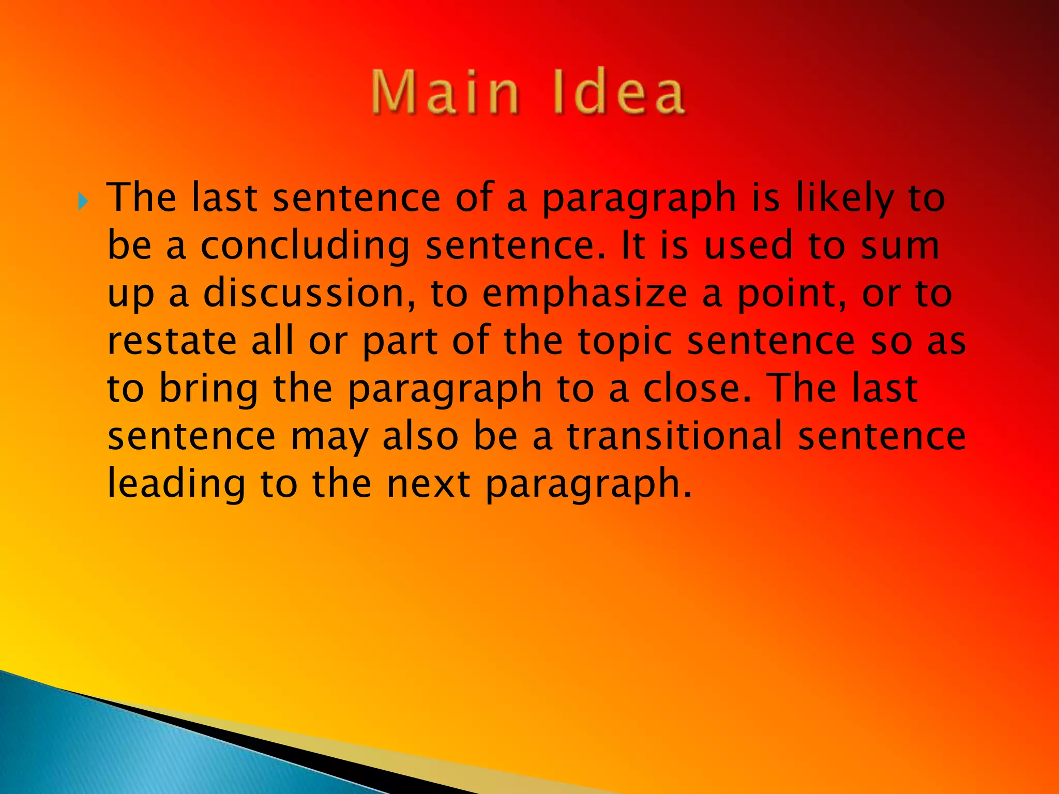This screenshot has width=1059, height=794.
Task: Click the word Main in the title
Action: pyautogui.click(x=445, y=94)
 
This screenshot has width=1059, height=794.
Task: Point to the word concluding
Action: pyautogui.click(x=305, y=246)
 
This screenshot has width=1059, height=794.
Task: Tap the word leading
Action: pyautogui.click(x=176, y=484)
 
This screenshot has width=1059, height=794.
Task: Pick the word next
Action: pyautogui.click(x=429, y=484)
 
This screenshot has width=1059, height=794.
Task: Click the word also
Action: pyautogui.click(x=420, y=436)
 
